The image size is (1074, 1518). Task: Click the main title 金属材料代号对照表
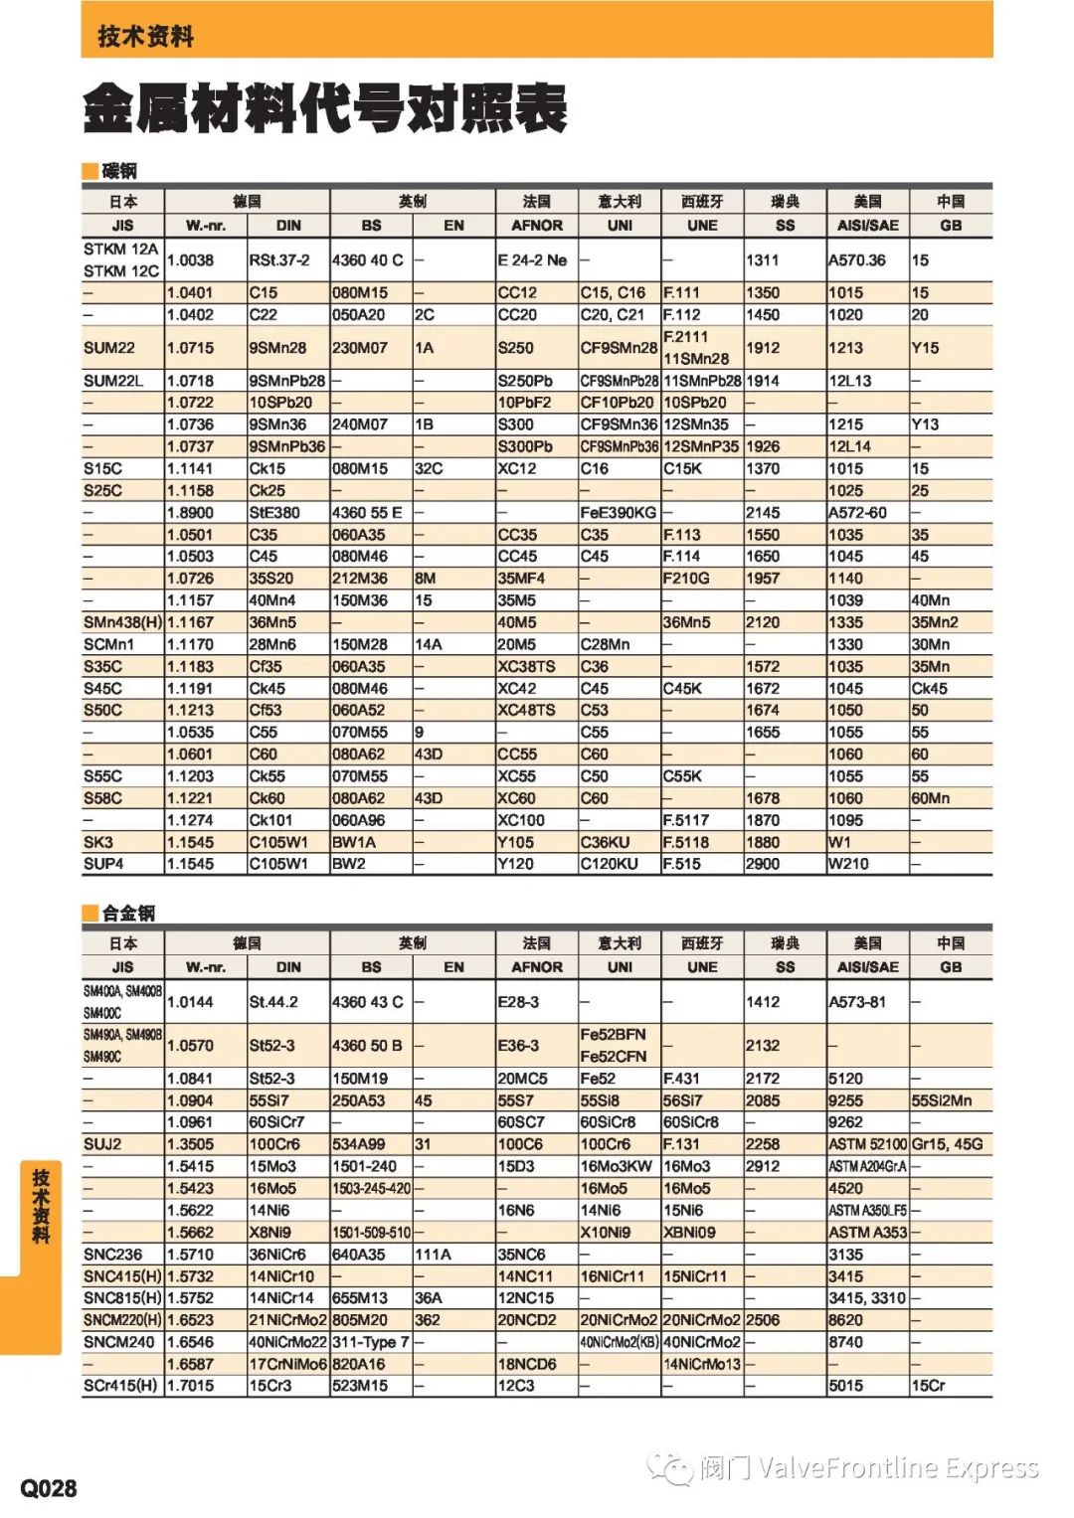[x=325, y=108]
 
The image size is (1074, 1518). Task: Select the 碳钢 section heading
[x=119, y=171]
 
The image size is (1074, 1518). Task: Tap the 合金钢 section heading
[x=127, y=913]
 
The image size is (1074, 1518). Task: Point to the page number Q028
[x=49, y=1487]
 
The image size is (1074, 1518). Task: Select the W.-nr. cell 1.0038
[x=190, y=260]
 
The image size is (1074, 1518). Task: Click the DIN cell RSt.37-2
[x=279, y=260]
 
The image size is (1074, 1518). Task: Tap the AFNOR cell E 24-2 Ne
[x=532, y=260]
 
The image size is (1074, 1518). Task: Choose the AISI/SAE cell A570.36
[x=857, y=260]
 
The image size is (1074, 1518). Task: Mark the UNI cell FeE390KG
[x=619, y=513]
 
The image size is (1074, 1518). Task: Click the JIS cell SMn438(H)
[x=122, y=622]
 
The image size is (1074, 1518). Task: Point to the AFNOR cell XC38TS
[x=526, y=666]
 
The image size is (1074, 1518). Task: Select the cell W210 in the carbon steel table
[x=848, y=864]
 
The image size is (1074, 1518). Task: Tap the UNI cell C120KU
[x=609, y=864]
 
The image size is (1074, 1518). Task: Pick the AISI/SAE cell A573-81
[x=857, y=1002]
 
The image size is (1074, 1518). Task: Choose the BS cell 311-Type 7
[x=370, y=1342]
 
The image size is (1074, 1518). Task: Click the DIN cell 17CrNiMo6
[x=287, y=1364]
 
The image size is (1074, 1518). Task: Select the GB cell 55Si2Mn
[x=942, y=1100]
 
